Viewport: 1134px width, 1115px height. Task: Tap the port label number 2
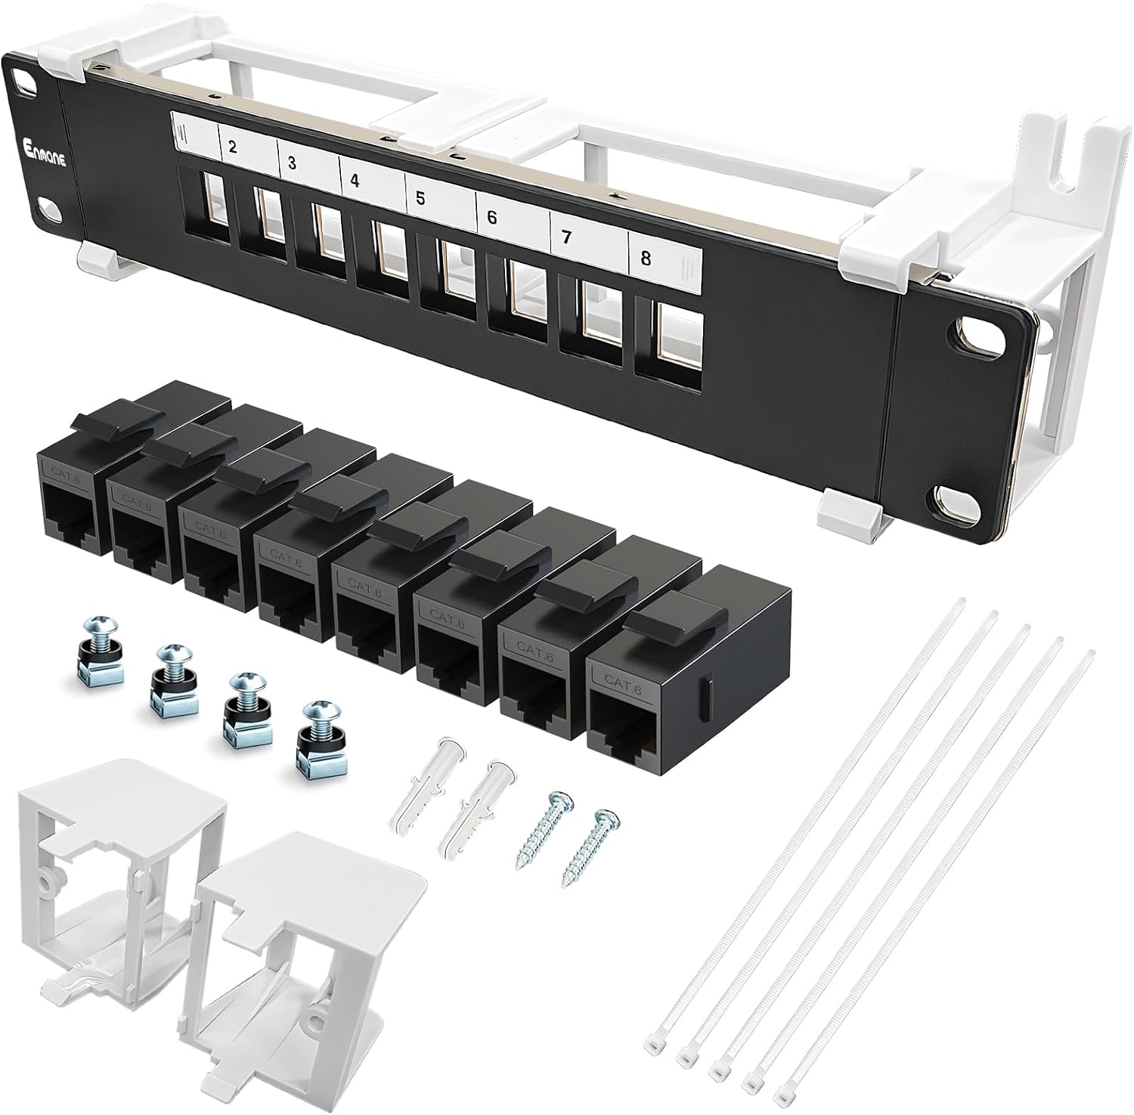[232, 147]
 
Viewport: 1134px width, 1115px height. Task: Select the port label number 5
[420, 200]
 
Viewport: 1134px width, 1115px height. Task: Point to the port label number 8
[645, 258]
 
